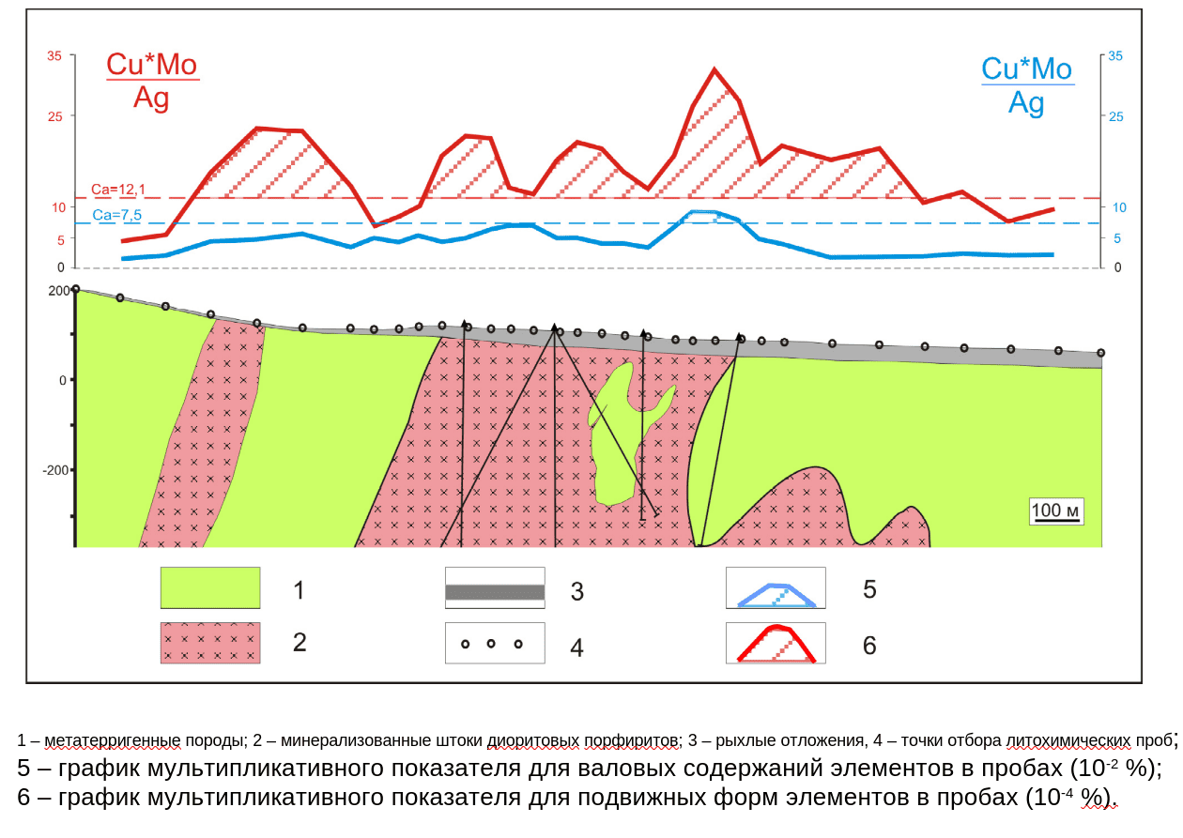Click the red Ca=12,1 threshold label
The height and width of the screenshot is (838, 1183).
tap(118, 190)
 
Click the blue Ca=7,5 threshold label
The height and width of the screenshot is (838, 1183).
tap(117, 215)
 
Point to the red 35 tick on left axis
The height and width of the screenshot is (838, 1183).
tap(54, 56)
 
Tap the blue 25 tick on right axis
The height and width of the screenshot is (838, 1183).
tap(1115, 116)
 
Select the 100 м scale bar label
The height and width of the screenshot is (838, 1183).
tap(1057, 510)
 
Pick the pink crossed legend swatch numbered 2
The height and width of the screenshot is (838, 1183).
tap(210, 643)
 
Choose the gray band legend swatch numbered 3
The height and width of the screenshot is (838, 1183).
tap(495, 591)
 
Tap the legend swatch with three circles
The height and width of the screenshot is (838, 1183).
tap(495, 644)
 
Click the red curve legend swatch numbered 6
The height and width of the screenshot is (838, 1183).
tap(776, 644)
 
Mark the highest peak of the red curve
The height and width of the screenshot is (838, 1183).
tap(714, 69)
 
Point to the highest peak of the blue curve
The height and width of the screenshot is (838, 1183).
tap(703, 212)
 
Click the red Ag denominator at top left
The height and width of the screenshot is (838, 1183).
tap(151, 98)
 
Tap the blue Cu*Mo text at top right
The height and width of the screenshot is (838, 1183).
tap(1026, 69)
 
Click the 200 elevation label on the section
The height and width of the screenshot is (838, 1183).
tap(59, 291)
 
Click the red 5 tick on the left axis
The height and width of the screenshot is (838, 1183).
tap(60, 240)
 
